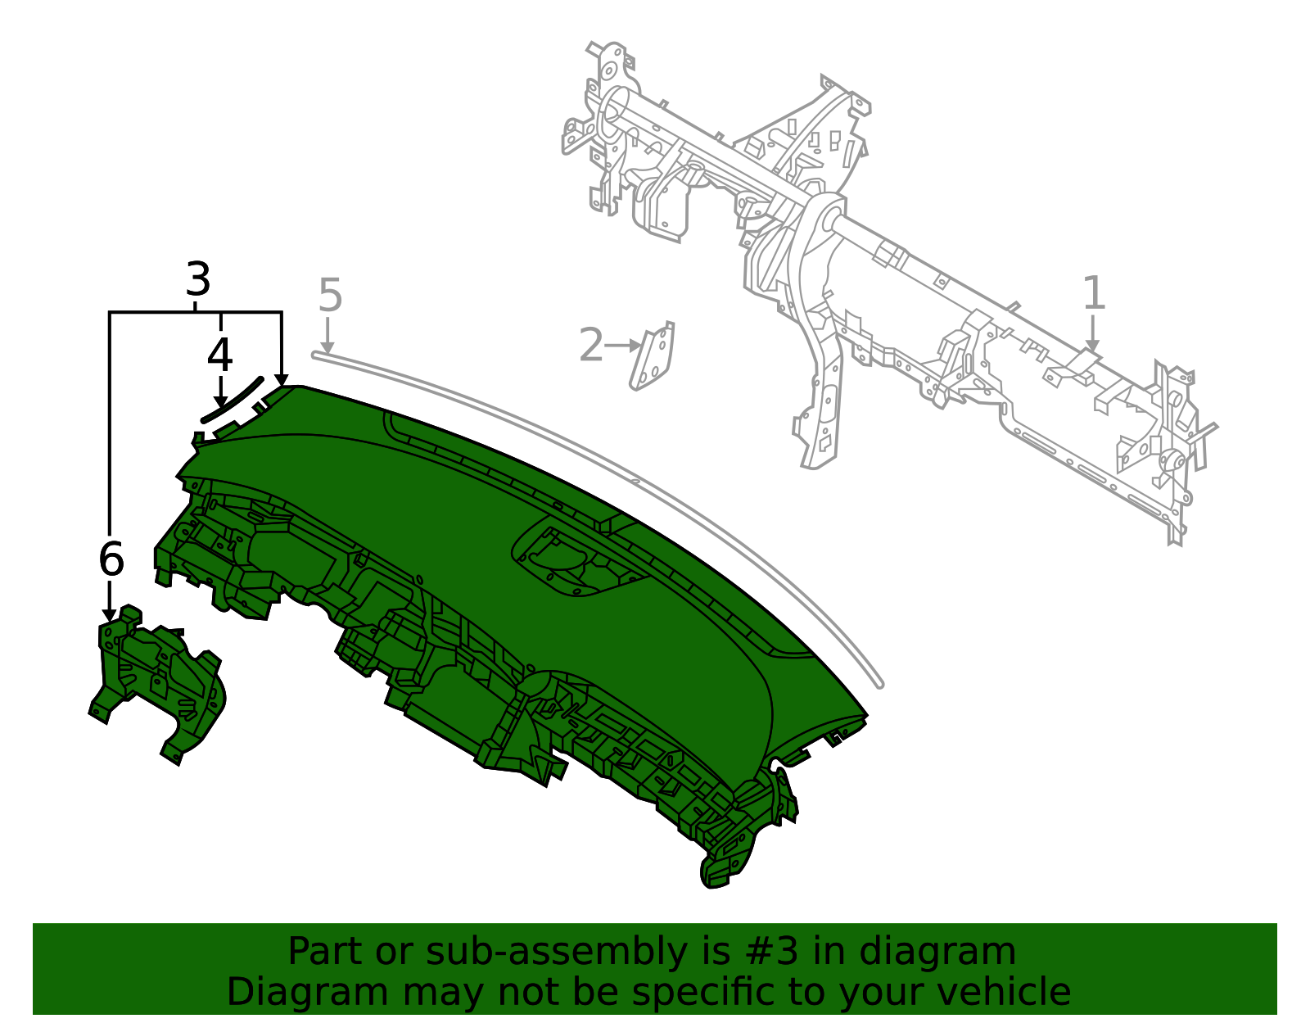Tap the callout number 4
click(219, 355)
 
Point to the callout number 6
click(111, 560)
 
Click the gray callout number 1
click(1094, 293)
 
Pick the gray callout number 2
click(590, 345)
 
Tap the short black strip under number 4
click(233, 399)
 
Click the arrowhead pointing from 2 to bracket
click(635, 346)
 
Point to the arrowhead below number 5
click(327, 347)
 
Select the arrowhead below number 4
click(220, 401)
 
